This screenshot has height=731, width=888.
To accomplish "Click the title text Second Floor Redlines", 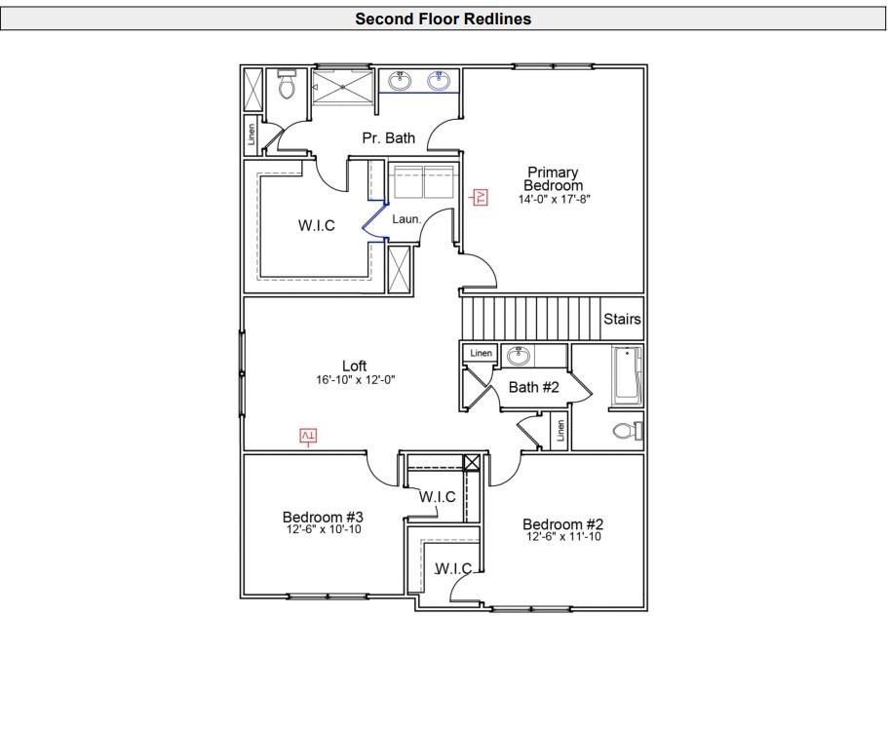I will (444, 19).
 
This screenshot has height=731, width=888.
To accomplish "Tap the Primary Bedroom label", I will (553, 179).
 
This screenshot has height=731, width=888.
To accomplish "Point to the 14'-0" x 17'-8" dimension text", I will (554, 199).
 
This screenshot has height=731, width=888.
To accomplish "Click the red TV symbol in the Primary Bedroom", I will (480, 197).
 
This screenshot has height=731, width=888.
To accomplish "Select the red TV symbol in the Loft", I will (308, 436).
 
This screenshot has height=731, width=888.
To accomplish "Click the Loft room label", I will (354, 366).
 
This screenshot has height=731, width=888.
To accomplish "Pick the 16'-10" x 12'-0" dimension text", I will (355, 380).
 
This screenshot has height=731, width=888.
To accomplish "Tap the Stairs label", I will (622, 319).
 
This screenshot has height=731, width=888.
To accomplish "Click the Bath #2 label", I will (534, 387).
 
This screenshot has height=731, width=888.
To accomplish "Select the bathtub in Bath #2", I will (626, 376).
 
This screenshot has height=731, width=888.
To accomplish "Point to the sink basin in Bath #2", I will (518, 356).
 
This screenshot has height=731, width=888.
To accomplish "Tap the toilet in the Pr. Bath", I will (287, 87).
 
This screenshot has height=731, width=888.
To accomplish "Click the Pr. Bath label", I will (388, 138).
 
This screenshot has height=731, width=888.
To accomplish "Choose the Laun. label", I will (406, 219).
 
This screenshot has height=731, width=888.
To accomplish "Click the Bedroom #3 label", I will (323, 517).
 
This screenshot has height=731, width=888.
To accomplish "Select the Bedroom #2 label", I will (562, 523).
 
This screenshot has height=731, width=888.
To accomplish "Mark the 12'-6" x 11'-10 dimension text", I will (563, 537).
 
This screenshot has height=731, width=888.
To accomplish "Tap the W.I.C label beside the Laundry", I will (316, 225).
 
